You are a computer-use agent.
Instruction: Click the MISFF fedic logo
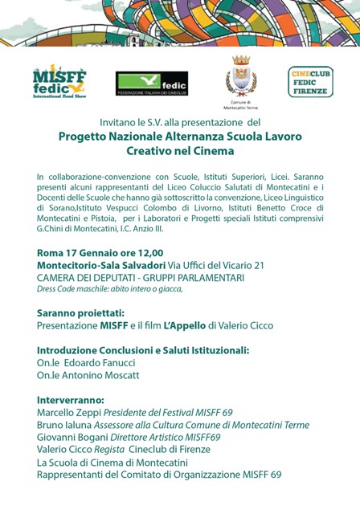pyautogui.click(x=59, y=80)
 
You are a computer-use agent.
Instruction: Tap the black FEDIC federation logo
pyautogui.click(x=152, y=83)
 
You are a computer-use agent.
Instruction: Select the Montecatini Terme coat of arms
pyautogui.click(x=241, y=76)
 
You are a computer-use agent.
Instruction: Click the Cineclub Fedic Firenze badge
pyautogui.click(x=310, y=82)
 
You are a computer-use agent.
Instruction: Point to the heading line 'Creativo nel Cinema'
pyautogui.click(x=180, y=151)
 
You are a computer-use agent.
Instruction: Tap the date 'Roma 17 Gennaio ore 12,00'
pyautogui.click(x=100, y=253)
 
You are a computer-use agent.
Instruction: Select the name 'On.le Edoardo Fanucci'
pyautogui.click(x=89, y=363)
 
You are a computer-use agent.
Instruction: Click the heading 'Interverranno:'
pyautogui.click(x=72, y=399)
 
